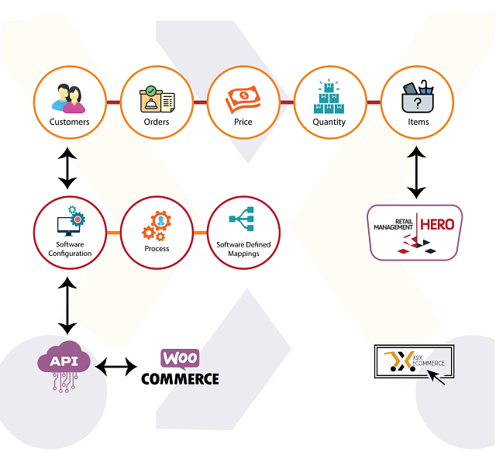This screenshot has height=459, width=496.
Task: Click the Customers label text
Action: [x=69, y=122]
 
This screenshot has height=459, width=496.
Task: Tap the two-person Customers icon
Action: [x=68, y=98]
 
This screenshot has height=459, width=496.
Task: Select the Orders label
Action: [x=157, y=122]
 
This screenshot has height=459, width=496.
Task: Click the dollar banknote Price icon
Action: [x=243, y=99]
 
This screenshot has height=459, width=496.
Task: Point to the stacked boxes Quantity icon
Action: [x=329, y=98]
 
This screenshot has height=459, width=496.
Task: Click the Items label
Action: [x=418, y=122]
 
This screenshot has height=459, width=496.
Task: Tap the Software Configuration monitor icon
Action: [x=68, y=223]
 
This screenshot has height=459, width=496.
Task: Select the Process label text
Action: [x=157, y=249]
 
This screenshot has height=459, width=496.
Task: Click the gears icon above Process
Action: [x=156, y=224]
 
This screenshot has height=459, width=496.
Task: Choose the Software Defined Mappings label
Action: [x=243, y=249]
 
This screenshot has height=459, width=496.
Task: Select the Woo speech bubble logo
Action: [x=180, y=358]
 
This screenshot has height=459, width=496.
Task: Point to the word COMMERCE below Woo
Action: [x=180, y=379]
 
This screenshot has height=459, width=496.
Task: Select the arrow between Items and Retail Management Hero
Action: [x=417, y=172]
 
